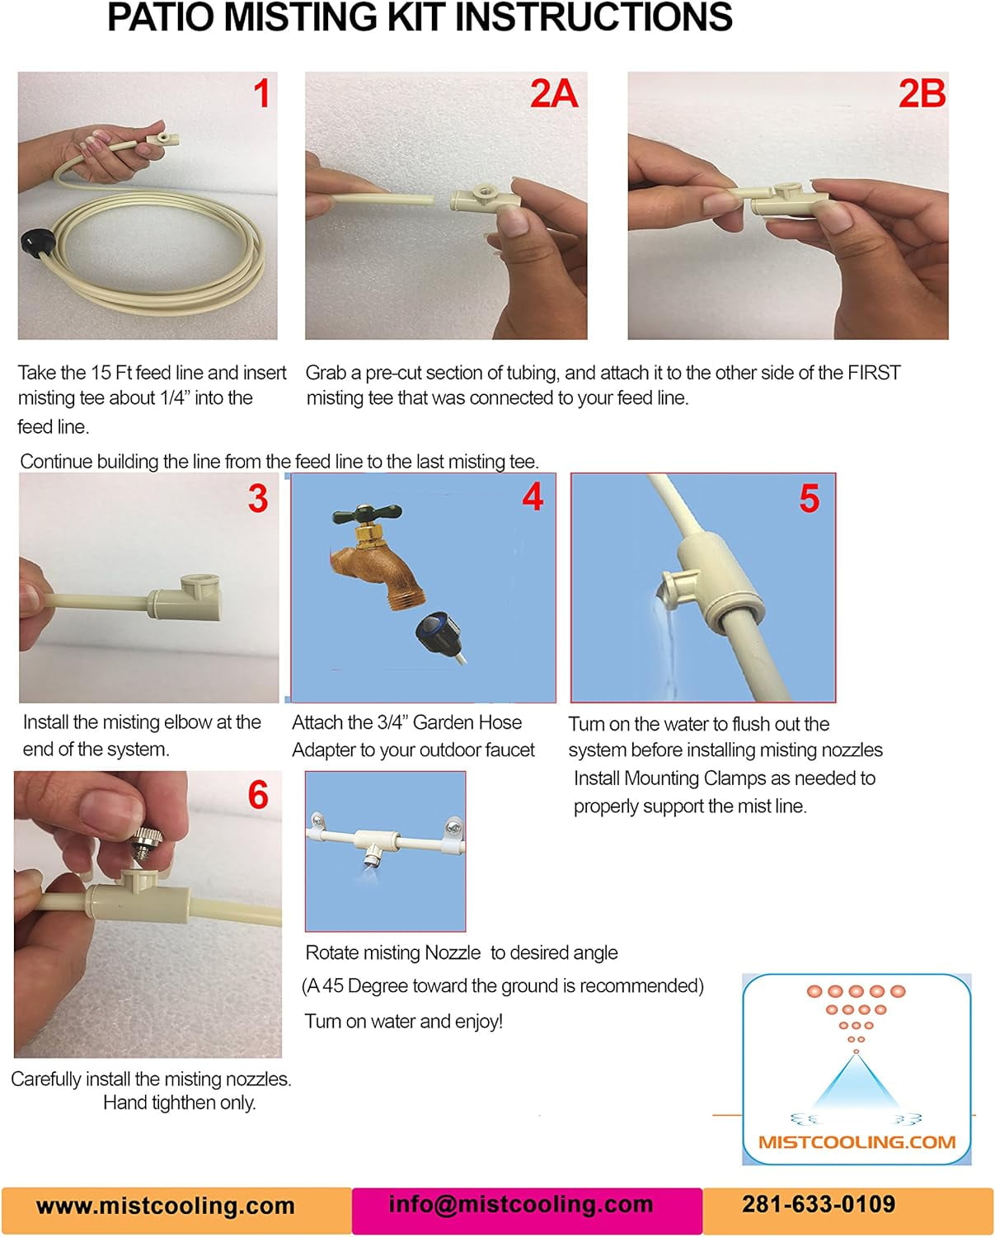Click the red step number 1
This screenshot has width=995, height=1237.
[x=262, y=93]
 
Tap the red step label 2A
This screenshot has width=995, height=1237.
[x=553, y=93]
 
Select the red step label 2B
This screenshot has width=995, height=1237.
[x=922, y=93]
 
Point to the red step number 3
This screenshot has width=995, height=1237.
[x=258, y=498]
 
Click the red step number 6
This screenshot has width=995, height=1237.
[x=258, y=796]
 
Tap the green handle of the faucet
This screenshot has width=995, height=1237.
[x=367, y=513]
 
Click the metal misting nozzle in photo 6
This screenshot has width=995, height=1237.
[x=148, y=844]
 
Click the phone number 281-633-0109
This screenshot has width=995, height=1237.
[x=819, y=1204]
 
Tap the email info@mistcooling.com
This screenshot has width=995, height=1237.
[x=521, y=1204]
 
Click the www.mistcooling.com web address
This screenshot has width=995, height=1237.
[x=166, y=1206]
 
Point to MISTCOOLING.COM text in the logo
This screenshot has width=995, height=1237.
[x=857, y=1142]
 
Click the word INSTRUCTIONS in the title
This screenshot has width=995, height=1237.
[x=594, y=17]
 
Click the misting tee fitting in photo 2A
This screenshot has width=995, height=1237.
[x=485, y=197]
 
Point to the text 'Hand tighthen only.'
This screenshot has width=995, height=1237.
[x=180, y=1103]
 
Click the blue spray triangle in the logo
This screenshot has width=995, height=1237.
[x=856, y=1082]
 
